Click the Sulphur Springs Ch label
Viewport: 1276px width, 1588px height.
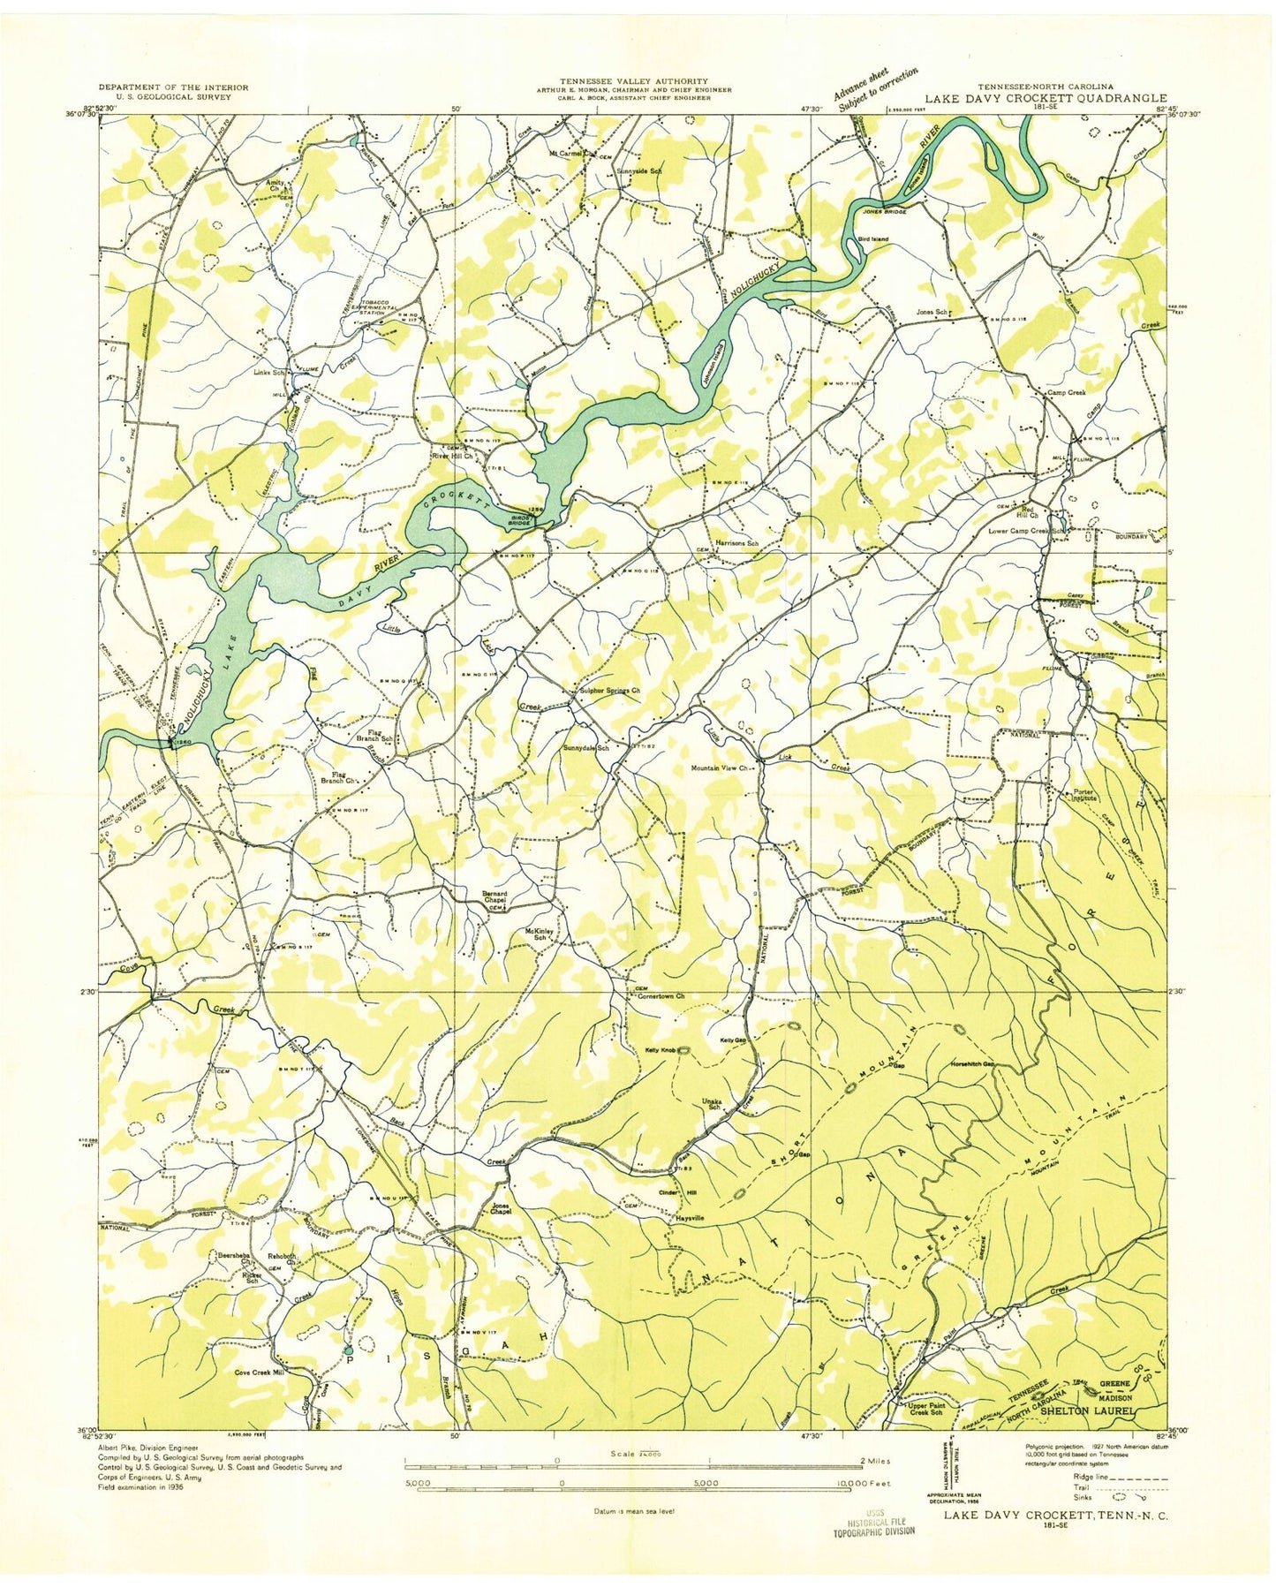point(608,692)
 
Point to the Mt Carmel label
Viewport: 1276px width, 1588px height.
point(569,151)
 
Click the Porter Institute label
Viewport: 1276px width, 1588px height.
point(1083,794)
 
